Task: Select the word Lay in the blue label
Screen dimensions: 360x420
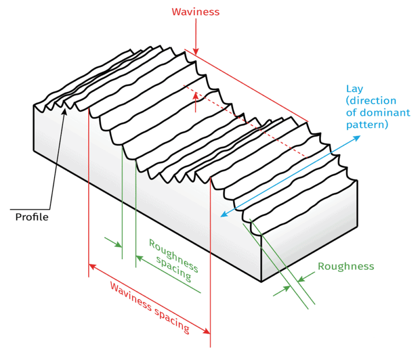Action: tap(353, 89)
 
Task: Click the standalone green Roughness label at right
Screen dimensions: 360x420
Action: tap(346, 266)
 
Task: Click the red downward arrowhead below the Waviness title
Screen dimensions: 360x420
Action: tap(195, 51)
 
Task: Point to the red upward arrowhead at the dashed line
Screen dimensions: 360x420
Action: tap(195, 95)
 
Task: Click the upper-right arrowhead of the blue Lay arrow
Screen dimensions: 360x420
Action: tap(358, 137)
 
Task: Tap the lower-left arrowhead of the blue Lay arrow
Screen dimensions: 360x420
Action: tap(223, 214)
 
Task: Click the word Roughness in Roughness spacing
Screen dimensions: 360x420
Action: tap(167, 251)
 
